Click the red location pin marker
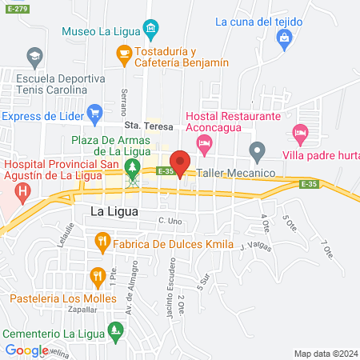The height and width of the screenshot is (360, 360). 181,162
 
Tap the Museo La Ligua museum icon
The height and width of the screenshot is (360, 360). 151,31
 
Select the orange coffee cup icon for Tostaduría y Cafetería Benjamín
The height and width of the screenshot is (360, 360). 123,54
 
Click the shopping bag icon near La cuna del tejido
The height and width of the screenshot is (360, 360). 284,38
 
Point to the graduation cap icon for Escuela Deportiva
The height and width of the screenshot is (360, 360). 34,57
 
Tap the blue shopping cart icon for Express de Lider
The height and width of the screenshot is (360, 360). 94,114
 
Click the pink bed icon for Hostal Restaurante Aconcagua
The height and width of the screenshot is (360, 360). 204,143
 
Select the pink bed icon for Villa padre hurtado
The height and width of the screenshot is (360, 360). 300,131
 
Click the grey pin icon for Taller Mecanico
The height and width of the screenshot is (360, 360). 257,150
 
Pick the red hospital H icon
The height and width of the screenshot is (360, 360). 22,192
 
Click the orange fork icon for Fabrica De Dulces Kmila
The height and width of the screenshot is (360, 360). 102,239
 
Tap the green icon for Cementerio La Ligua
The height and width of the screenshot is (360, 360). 117,329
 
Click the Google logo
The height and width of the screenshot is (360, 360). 26,350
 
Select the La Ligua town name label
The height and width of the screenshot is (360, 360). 114,212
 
